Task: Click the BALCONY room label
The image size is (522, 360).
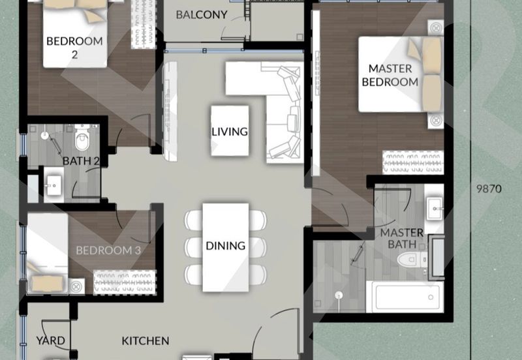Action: [x=202, y=14]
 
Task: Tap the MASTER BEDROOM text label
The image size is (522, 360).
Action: [x=390, y=75]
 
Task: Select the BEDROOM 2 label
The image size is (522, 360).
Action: [x=74, y=48]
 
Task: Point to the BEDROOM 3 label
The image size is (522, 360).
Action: [x=108, y=250]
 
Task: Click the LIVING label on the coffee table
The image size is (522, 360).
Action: [x=230, y=131]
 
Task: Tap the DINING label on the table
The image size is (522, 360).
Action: [x=226, y=246]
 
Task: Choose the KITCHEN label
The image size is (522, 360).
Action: [x=146, y=340]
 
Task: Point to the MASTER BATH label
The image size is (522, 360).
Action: [x=402, y=239]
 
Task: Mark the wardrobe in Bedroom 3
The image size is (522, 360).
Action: [x=123, y=283]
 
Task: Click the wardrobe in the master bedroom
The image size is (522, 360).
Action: [x=414, y=160]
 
